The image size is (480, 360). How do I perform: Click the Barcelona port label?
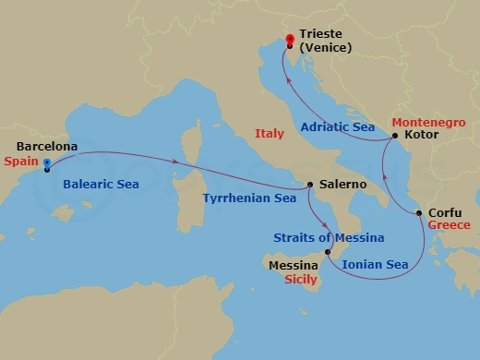47,147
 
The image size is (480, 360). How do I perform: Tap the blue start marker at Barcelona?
47,167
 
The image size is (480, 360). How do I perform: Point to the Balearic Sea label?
102,186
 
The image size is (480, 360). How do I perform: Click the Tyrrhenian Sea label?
248,198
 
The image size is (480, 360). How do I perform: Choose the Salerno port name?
342,186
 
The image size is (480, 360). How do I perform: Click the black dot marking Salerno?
310,184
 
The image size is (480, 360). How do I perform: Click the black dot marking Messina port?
328,251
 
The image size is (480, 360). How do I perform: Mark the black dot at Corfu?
420,214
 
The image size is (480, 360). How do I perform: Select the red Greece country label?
449,225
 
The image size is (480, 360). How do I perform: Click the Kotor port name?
422,135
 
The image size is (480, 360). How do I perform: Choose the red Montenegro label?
426,121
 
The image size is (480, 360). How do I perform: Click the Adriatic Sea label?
342,128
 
